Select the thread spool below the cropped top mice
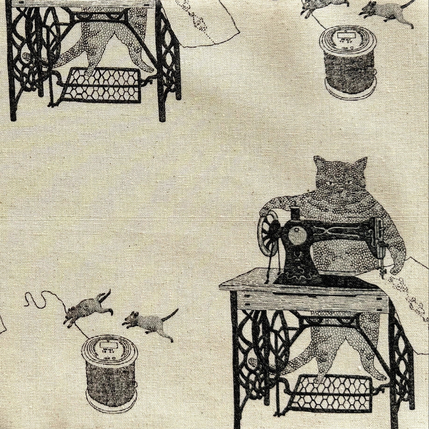348,62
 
